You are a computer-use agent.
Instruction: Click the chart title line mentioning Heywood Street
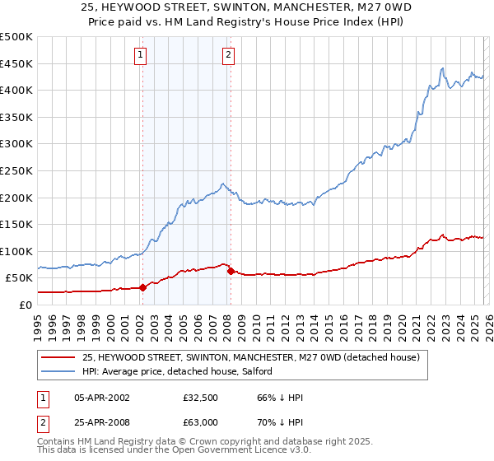247,7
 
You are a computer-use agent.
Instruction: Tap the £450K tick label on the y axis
16,63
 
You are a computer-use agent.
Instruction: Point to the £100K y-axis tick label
16,251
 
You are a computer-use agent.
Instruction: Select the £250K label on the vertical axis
16,170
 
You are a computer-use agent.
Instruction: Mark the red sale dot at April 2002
142,287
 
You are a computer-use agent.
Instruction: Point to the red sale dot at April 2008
231,271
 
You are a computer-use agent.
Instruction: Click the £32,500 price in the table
201,397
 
